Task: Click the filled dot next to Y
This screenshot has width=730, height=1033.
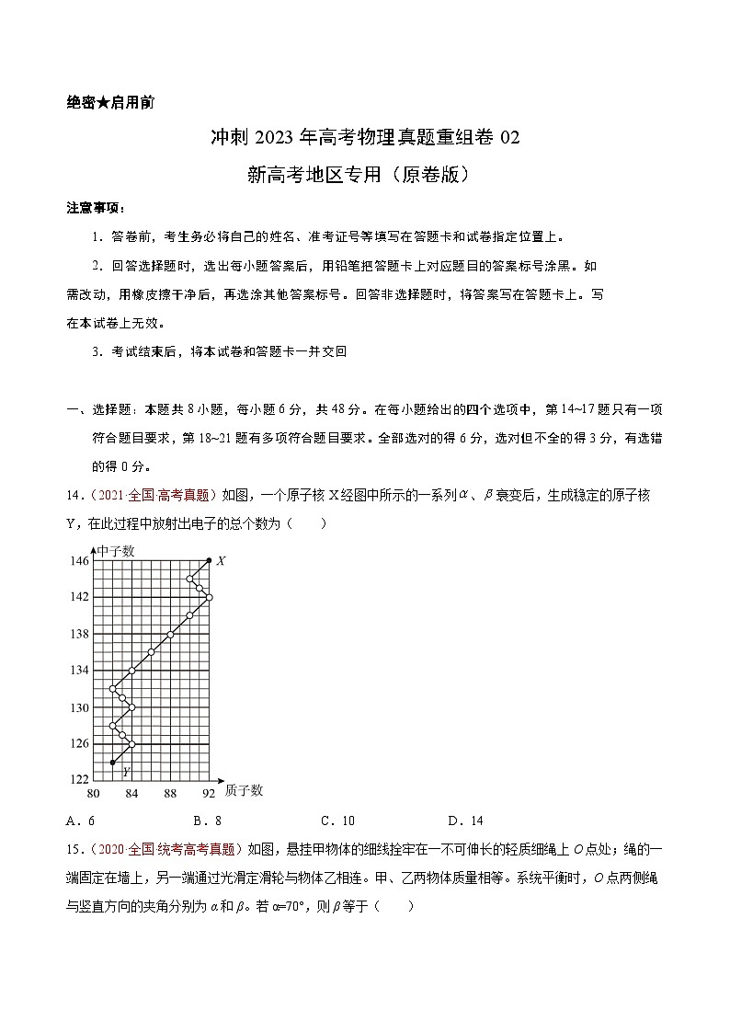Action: (112, 763)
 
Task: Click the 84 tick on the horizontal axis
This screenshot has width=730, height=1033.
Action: (131, 793)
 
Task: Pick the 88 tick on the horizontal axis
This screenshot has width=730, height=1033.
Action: (170, 793)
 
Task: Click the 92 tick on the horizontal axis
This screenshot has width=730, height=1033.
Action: (209, 793)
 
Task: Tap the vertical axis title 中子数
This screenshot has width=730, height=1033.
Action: (115, 551)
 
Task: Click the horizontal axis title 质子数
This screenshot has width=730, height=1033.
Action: (244, 789)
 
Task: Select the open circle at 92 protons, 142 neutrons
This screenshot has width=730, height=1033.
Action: (209, 597)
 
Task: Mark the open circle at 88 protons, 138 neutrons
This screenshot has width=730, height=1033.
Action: (170, 634)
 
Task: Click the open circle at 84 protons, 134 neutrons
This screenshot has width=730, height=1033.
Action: (131, 671)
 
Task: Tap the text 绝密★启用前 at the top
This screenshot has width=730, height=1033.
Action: (110, 102)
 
